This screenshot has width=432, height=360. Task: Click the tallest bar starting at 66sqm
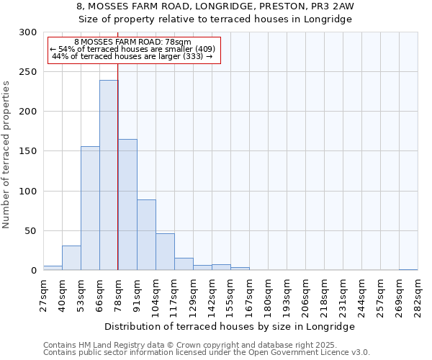click(109, 175)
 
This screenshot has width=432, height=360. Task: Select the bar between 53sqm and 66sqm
click(90, 208)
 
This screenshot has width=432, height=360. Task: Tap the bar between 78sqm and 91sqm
click(127, 204)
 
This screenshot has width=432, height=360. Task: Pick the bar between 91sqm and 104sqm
click(146, 235)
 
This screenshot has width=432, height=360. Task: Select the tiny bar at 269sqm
click(408, 269)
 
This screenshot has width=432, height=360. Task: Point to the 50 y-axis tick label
click(30, 231)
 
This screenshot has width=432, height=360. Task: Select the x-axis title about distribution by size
click(230, 326)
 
